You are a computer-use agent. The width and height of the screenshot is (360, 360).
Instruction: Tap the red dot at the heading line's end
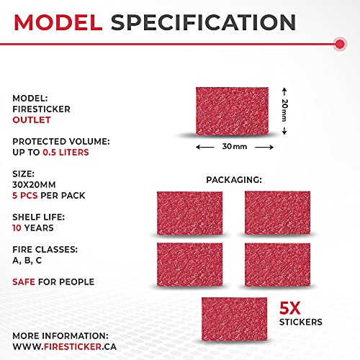tap(338, 45)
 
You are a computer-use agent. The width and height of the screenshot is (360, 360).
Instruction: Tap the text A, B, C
tap(27, 261)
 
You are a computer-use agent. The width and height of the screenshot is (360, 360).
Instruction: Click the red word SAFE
tap(25, 282)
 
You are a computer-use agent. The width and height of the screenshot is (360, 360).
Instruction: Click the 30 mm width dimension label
tap(234, 146)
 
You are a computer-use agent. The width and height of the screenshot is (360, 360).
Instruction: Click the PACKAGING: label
tap(234, 179)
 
